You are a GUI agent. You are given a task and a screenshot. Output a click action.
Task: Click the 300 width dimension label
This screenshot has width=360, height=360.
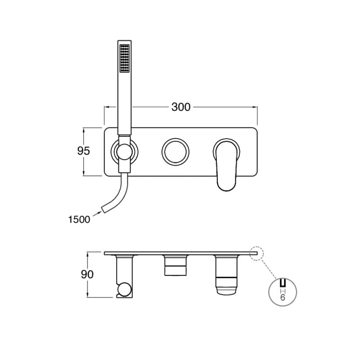click(x=181, y=107)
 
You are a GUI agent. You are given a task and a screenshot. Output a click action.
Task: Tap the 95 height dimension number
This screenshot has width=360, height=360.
click(x=84, y=151)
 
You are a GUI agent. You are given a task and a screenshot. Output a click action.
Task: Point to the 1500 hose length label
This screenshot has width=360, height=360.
click(x=79, y=220)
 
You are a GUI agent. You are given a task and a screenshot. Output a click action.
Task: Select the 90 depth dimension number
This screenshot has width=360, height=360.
click(x=87, y=274)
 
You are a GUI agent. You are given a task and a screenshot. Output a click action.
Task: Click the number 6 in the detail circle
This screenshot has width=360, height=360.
click(x=283, y=297)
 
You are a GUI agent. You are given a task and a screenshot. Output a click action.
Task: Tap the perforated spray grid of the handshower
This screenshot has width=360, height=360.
click(x=125, y=58)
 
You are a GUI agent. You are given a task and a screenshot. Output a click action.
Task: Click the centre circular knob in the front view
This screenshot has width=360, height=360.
click(x=175, y=152)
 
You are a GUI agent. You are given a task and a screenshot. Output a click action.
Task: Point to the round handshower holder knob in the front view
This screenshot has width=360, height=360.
click(x=124, y=152)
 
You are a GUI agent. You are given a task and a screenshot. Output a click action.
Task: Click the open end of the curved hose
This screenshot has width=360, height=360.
click(x=104, y=209)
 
